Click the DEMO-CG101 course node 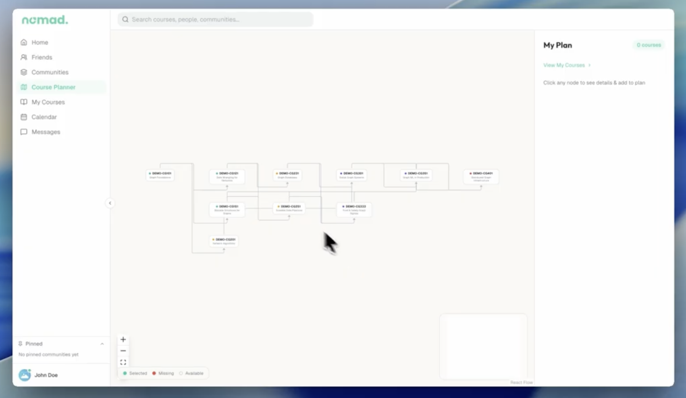click(x=160, y=175)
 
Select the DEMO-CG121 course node click(x=227, y=176)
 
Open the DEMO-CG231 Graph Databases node click(x=287, y=175)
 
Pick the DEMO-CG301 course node click(x=351, y=175)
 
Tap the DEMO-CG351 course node click(x=416, y=175)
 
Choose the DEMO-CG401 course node click(x=481, y=176)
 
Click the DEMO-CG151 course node click(x=227, y=209)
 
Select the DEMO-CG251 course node click(x=289, y=208)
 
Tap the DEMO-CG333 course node click(x=354, y=209)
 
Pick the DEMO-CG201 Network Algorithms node click(x=224, y=241)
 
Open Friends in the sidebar click(x=42, y=57)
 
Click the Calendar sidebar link click(x=44, y=117)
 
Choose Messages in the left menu click(x=46, y=132)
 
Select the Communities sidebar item click(x=50, y=72)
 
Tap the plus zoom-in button click(x=123, y=339)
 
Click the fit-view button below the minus click(x=123, y=362)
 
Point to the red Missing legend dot click(x=154, y=373)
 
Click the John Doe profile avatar click(x=25, y=375)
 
